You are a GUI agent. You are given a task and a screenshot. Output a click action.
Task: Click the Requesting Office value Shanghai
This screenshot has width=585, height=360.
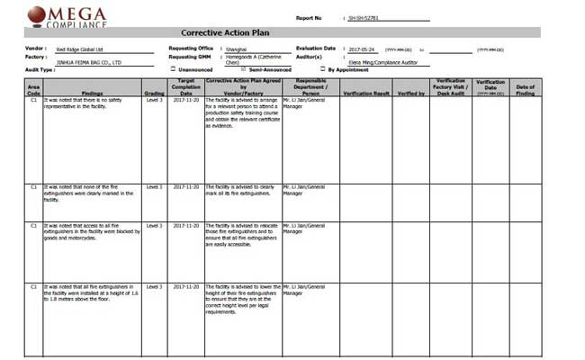[237, 49]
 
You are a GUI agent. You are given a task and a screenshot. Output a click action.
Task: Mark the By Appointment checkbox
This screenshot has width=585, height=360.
[323, 68]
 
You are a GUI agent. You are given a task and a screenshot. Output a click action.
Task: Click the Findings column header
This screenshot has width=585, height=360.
[91, 92]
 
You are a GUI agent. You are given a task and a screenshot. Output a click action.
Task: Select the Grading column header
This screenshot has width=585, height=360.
[154, 92]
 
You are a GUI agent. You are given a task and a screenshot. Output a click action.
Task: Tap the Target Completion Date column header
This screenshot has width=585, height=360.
[186, 86]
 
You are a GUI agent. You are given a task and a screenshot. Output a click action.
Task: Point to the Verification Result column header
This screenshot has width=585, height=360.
[366, 92]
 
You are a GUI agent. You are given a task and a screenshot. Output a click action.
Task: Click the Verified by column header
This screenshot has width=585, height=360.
[410, 92]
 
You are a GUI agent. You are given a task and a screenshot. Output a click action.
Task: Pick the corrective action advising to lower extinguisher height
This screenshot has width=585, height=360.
[242, 300]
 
